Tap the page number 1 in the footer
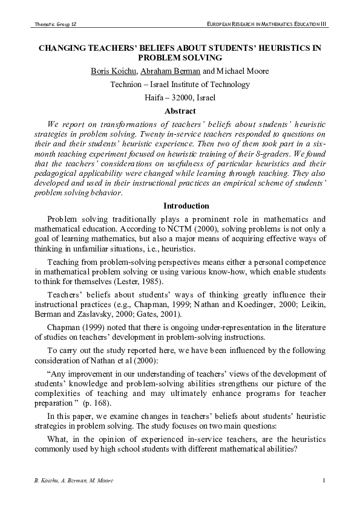324,480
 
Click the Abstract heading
180,111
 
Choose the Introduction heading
180,206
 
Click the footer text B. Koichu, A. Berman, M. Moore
66,480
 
